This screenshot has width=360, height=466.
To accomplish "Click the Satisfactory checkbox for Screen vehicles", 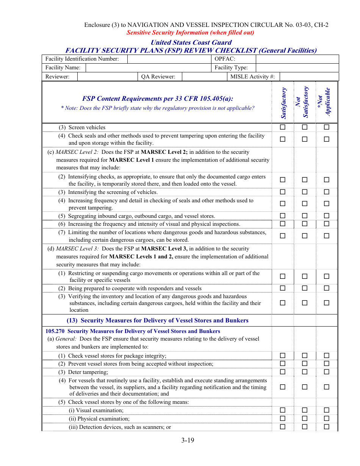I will click(283, 127).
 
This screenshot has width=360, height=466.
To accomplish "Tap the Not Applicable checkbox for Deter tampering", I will click(327, 372).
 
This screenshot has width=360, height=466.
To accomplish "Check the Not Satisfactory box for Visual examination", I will click(305, 410).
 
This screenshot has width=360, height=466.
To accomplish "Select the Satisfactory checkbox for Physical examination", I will click(283, 419).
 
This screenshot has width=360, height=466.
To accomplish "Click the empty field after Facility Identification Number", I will click(169, 59).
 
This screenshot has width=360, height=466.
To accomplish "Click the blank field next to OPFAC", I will click(297, 59).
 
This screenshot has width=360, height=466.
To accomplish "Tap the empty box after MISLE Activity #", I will click(309, 77).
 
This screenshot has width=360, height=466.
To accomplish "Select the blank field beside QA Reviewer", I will click(204, 77).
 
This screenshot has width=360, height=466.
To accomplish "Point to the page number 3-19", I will click(188, 440).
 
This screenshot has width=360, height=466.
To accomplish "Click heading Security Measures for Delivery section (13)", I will click(158, 321).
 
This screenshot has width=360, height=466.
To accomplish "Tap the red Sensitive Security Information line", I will click(190, 33).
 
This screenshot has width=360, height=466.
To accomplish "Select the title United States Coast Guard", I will click(191, 42).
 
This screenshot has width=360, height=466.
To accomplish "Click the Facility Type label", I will click(231, 67).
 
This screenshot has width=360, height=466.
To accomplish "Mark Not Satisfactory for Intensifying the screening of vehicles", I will click(305, 192).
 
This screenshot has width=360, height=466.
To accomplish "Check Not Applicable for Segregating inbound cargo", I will click(327, 216).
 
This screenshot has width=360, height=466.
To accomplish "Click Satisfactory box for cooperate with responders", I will click(283, 288).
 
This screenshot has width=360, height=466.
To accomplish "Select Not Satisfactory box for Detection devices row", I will click(305, 427).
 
